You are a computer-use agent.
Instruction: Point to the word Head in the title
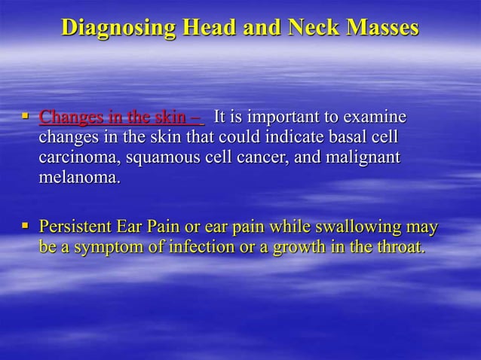pyautogui.click(x=203, y=28)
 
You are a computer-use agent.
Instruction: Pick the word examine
pyautogui.click(x=375, y=119)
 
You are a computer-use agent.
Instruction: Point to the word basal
pyautogui.click(x=351, y=139)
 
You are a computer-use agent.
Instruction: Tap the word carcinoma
pyautogui.click(x=78, y=160)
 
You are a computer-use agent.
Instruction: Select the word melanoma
pyautogui.click(x=78, y=180)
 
